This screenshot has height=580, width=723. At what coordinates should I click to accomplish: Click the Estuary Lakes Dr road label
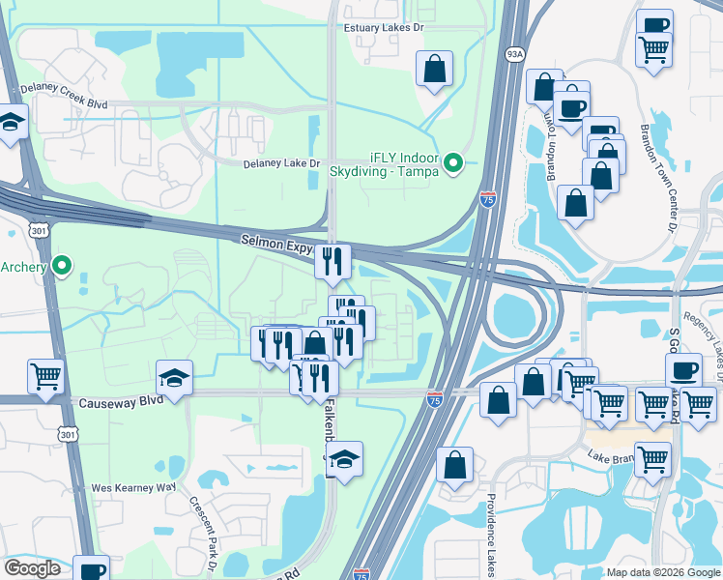point(384,28)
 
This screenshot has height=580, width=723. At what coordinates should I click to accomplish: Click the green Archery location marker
point(63,265)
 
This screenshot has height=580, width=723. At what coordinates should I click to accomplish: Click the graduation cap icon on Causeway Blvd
point(175,378)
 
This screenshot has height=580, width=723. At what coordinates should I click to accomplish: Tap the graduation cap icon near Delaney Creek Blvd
point(11,123)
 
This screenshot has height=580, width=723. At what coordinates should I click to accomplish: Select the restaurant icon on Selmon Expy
point(333,261)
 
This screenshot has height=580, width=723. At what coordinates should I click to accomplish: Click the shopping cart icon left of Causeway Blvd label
point(45,377)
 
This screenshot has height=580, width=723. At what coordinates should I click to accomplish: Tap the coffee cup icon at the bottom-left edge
point(93,570)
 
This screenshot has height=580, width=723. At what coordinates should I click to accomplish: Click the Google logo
point(32,568)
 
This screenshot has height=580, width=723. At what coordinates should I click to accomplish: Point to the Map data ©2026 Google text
point(662,572)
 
